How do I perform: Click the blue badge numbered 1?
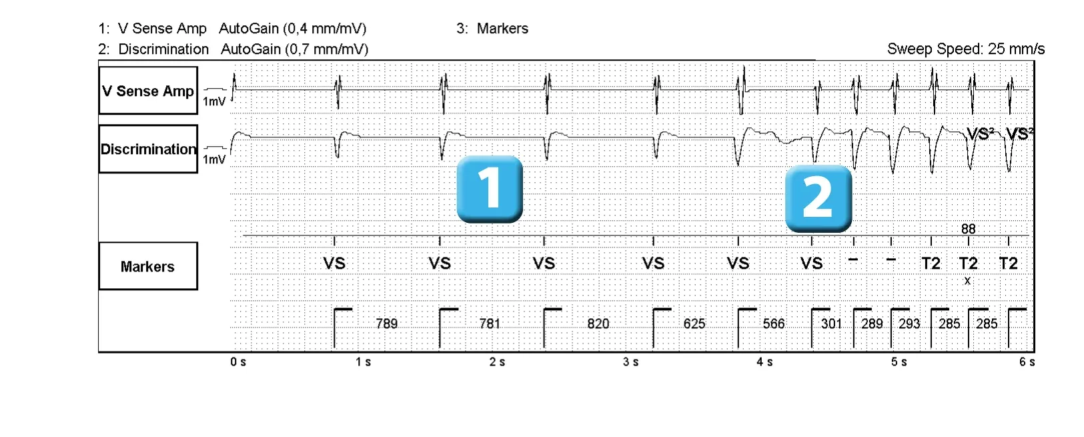pos(490,189)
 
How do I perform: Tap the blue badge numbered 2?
pos(819,198)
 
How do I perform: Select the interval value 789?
pos(387,324)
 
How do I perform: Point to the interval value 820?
pos(598,324)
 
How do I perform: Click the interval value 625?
pos(694,324)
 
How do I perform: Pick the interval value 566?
pos(773,324)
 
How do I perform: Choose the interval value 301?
pos(831,324)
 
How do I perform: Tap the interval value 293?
pos(909,324)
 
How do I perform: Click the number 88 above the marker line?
pos(969,229)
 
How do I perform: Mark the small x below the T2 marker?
pos(967,281)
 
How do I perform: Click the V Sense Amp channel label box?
pos(148,91)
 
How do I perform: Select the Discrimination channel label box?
pos(148,149)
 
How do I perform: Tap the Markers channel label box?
pos(148,266)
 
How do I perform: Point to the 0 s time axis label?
pos(238,362)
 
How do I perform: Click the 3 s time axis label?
pos(630,362)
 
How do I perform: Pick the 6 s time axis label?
pos(1027,362)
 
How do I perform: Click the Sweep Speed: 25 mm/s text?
pos(966,49)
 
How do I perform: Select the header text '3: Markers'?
pos(492,29)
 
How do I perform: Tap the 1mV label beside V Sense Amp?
pos(214,101)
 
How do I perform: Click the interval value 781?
pos(490,324)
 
